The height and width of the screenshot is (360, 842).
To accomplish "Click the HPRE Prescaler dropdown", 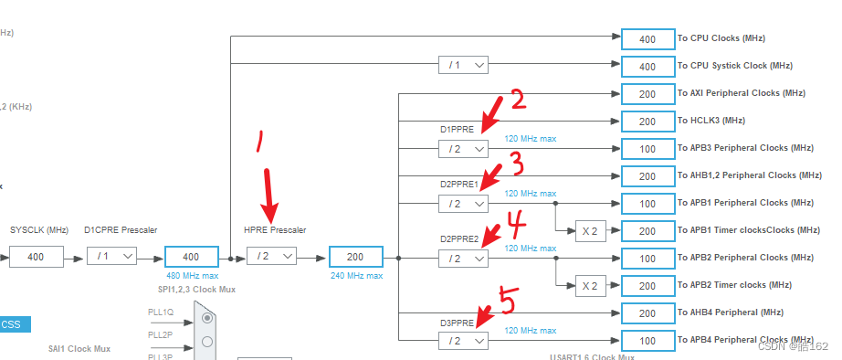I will tap(271, 258).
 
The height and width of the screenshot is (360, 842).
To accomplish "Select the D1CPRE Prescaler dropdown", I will tap(111, 258).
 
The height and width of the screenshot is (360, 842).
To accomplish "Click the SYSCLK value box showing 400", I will tap(36, 258).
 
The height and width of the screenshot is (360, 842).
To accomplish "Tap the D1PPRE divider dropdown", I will tap(463, 148).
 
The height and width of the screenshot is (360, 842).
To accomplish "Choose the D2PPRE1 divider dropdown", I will tap(463, 203).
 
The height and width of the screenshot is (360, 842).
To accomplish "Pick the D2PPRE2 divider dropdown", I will tap(463, 258).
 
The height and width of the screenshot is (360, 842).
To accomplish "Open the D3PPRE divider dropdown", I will tap(463, 340).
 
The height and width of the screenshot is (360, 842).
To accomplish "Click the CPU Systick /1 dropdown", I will tap(463, 66).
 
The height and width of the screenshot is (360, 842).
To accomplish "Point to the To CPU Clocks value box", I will tap(647, 38).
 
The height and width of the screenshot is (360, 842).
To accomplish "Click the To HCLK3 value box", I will tap(647, 121).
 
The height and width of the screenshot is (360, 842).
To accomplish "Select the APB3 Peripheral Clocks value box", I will tap(647, 148).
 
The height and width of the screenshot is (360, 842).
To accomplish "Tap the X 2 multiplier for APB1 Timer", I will tap(590, 230).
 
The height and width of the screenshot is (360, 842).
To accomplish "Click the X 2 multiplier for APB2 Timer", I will tap(590, 285).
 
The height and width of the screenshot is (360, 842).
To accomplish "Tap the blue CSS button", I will tap(13, 323).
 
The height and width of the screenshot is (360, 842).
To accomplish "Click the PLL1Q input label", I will tap(161, 312).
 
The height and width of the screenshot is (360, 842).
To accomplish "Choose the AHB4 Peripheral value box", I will tap(647, 312).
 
